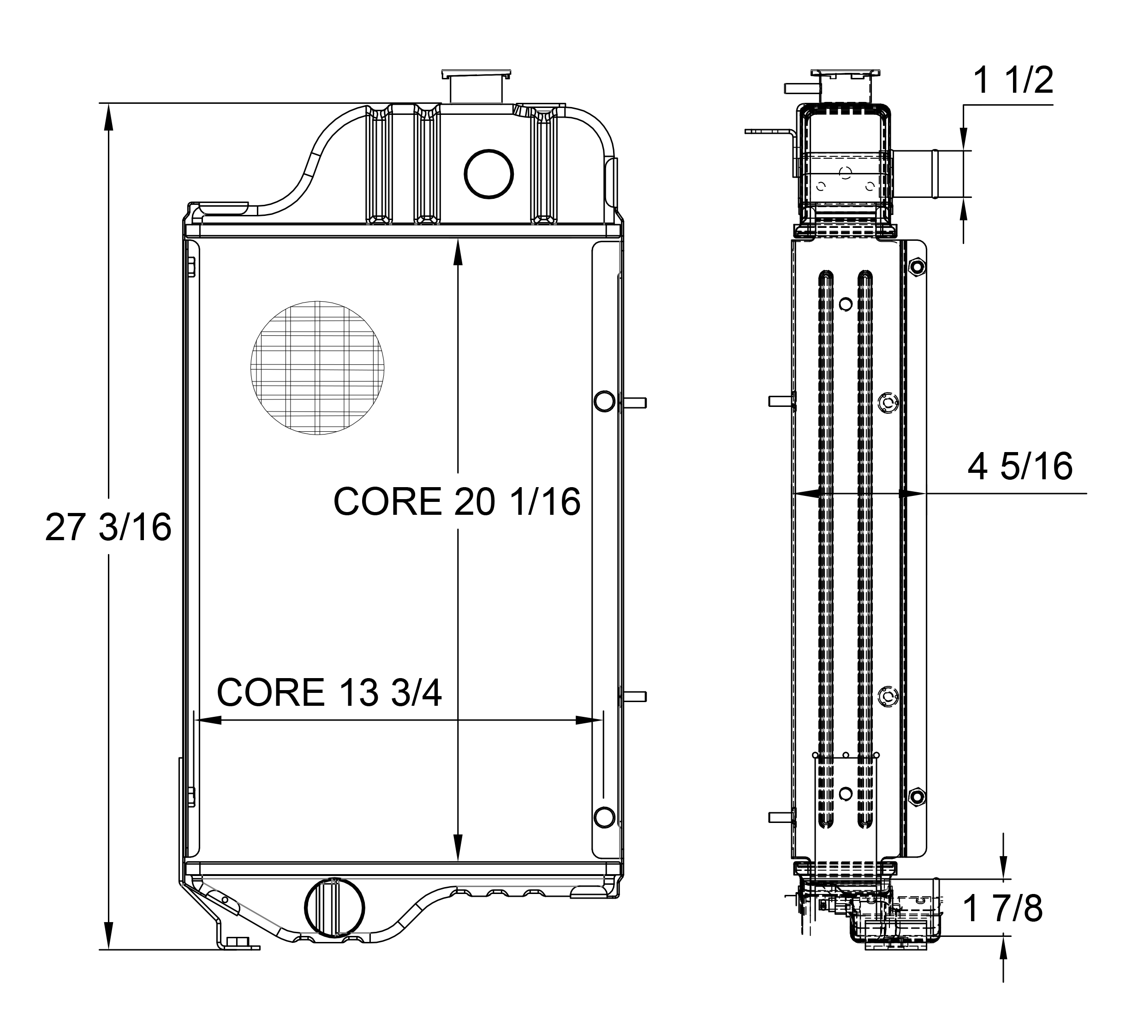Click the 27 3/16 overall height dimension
[108, 527]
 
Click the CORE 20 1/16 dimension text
[457, 501]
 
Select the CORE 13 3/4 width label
[329, 693]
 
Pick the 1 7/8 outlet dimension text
[1002, 908]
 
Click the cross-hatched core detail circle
[317, 368]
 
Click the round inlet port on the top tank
[489, 173]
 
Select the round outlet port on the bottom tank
[334, 907]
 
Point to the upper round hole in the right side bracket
[604, 402]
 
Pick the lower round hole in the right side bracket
[604, 817]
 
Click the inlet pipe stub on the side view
[915, 174]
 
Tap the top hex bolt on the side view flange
[917, 267]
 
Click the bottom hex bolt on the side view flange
[917, 796]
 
